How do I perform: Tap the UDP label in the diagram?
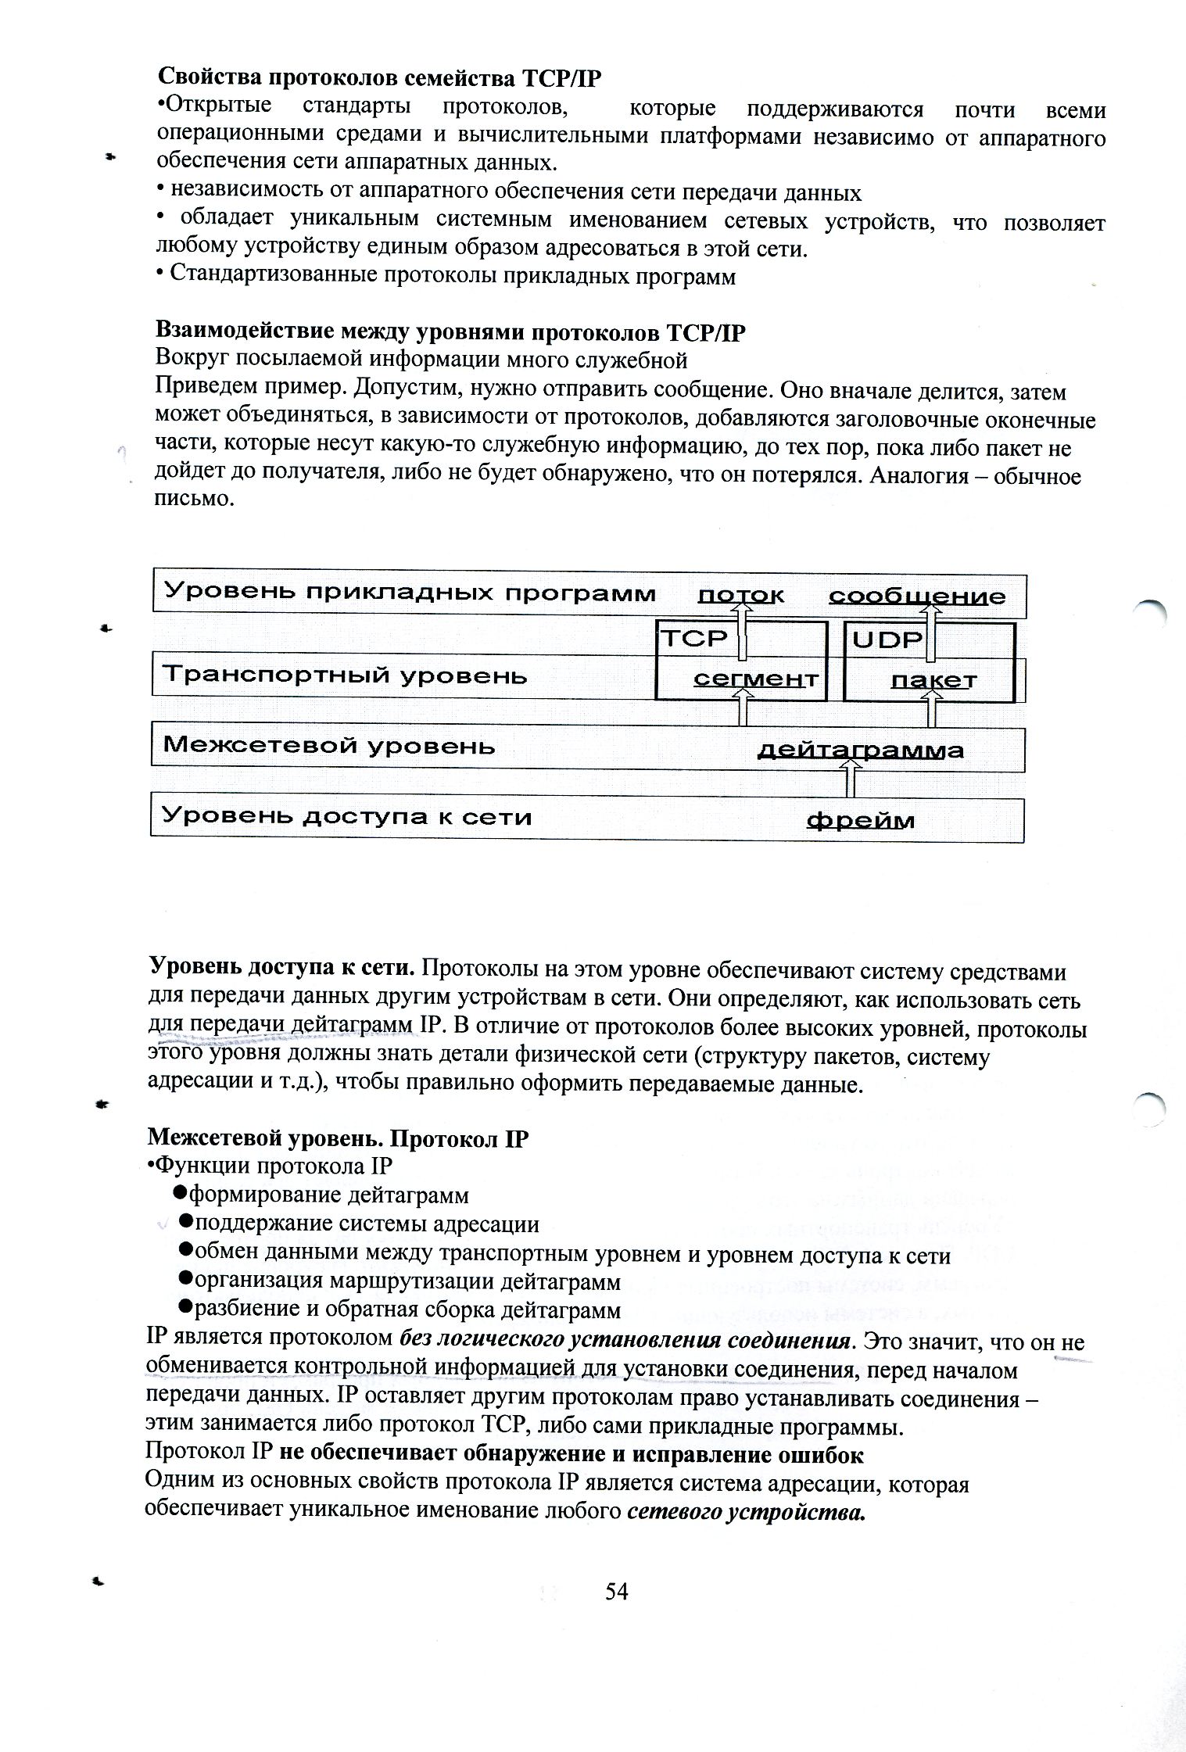(x=887, y=640)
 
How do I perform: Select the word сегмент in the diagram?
(x=756, y=679)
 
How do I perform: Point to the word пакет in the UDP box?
(x=933, y=680)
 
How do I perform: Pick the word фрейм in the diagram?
(x=860, y=820)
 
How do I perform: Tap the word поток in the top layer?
(x=740, y=596)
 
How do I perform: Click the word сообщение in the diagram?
(x=917, y=597)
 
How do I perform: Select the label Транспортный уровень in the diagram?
(x=344, y=675)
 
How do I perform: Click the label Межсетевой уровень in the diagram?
(x=328, y=745)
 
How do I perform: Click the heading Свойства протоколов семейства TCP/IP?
(x=382, y=77)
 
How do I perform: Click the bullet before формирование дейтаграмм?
(x=178, y=1193)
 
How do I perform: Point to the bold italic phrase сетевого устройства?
(x=747, y=1511)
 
